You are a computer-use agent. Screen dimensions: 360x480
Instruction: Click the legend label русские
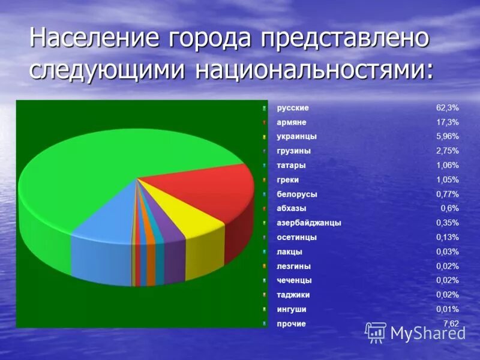point(293,108)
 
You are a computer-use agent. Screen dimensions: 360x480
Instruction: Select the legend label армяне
point(292,122)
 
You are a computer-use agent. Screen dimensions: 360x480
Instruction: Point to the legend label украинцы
point(296,137)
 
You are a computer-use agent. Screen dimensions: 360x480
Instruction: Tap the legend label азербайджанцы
point(308,223)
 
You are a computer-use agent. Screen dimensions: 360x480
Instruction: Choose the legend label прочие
point(291,324)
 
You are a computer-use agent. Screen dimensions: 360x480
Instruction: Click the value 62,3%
point(447,108)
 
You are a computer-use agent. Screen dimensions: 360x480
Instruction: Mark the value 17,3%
point(447,122)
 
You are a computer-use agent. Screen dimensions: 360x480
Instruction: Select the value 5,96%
point(447,137)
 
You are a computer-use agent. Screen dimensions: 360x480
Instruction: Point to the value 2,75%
point(447,151)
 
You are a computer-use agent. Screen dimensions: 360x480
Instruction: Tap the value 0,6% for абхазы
point(449,209)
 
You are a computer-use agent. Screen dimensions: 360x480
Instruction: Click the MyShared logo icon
point(376,332)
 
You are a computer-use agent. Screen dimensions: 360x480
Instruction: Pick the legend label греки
point(287,180)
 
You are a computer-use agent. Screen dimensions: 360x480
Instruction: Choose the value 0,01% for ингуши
point(447,310)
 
